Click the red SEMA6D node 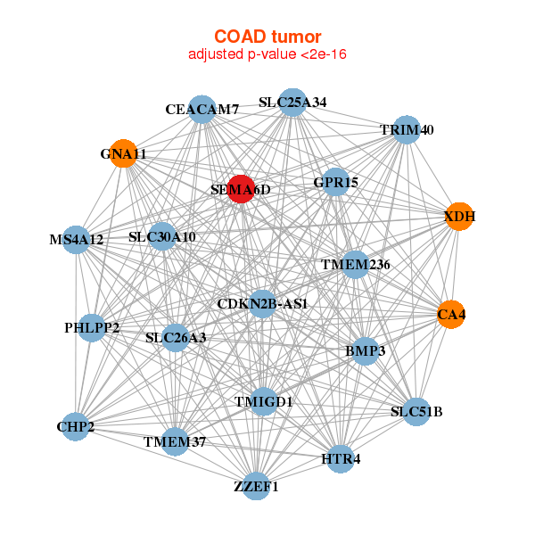(x=242, y=189)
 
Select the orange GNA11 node (x=124, y=153)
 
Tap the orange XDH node (x=459, y=217)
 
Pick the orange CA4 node (x=451, y=314)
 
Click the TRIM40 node (x=407, y=129)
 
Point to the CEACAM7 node (x=202, y=110)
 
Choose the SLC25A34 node (x=292, y=103)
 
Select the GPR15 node (x=336, y=182)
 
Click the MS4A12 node (x=76, y=240)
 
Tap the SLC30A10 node (x=162, y=236)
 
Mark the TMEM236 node (x=356, y=265)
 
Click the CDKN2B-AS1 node (x=262, y=304)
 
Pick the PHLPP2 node (x=92, y=328)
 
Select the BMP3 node (x=365, y=351)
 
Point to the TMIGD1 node (x=263, y=401)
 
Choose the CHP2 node (x=76, y=426)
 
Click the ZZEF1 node (x=256, y=486)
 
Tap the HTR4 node (x=341, y=459)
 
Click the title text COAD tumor (x=267, y=37)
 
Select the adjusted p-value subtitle (x=267, y=54)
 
